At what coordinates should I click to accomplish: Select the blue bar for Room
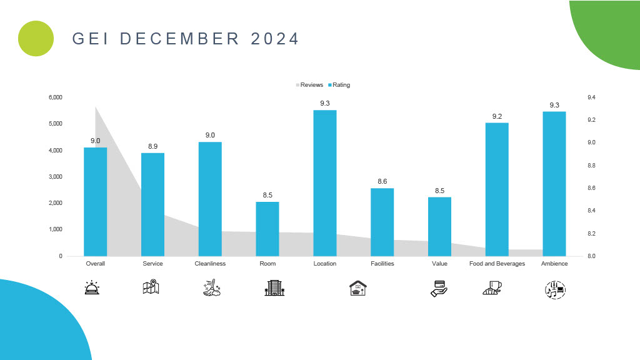coord(267,229)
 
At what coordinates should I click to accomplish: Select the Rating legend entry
coord(339,85)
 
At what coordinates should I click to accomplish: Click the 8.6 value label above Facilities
coord(382,181)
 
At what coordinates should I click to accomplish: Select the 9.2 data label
coord(497,116)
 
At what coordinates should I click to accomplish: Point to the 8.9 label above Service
coord(152,146)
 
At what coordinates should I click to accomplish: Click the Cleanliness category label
coord(210,264)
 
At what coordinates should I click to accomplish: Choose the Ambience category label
coord(554,264)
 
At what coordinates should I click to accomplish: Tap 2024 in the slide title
coord(275,39)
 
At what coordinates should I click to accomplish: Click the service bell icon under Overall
coord(95,287)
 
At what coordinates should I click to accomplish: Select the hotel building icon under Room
coord(274,287)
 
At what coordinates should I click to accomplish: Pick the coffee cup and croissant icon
coord(492,288)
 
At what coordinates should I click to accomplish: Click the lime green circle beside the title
coord(36,38)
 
